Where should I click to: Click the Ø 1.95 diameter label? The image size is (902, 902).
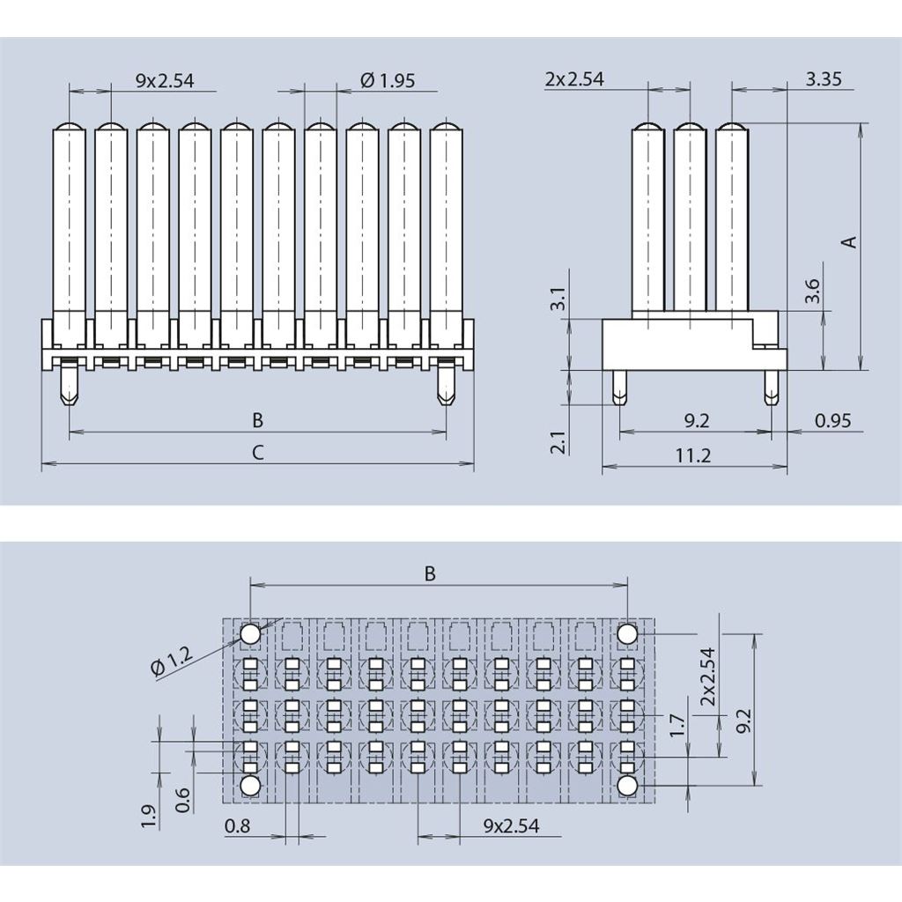pos(388,80)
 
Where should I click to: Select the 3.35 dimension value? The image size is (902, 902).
pos(824,79)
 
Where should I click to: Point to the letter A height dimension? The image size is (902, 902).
pos(849,241)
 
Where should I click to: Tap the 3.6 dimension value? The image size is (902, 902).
pos(812,292)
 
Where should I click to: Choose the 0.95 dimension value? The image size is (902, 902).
pos(832,421)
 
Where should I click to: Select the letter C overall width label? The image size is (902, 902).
pos(257,453)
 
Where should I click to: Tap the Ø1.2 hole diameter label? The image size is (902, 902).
pos(171,662)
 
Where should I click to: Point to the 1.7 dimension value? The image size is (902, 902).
pos(676,725)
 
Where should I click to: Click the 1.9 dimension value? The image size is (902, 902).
pos(148,817)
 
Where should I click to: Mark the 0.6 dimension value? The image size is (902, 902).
pos(183,799)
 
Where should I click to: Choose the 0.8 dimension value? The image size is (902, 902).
pos(237,826)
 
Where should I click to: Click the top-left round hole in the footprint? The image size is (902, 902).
pos(250,633)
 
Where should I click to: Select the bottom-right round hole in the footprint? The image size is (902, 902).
pos(627,784)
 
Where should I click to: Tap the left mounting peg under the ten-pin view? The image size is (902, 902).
pos(69,387)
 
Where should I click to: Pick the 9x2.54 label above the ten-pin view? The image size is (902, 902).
pos(164,81)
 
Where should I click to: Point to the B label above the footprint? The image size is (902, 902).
pos(430,573)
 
